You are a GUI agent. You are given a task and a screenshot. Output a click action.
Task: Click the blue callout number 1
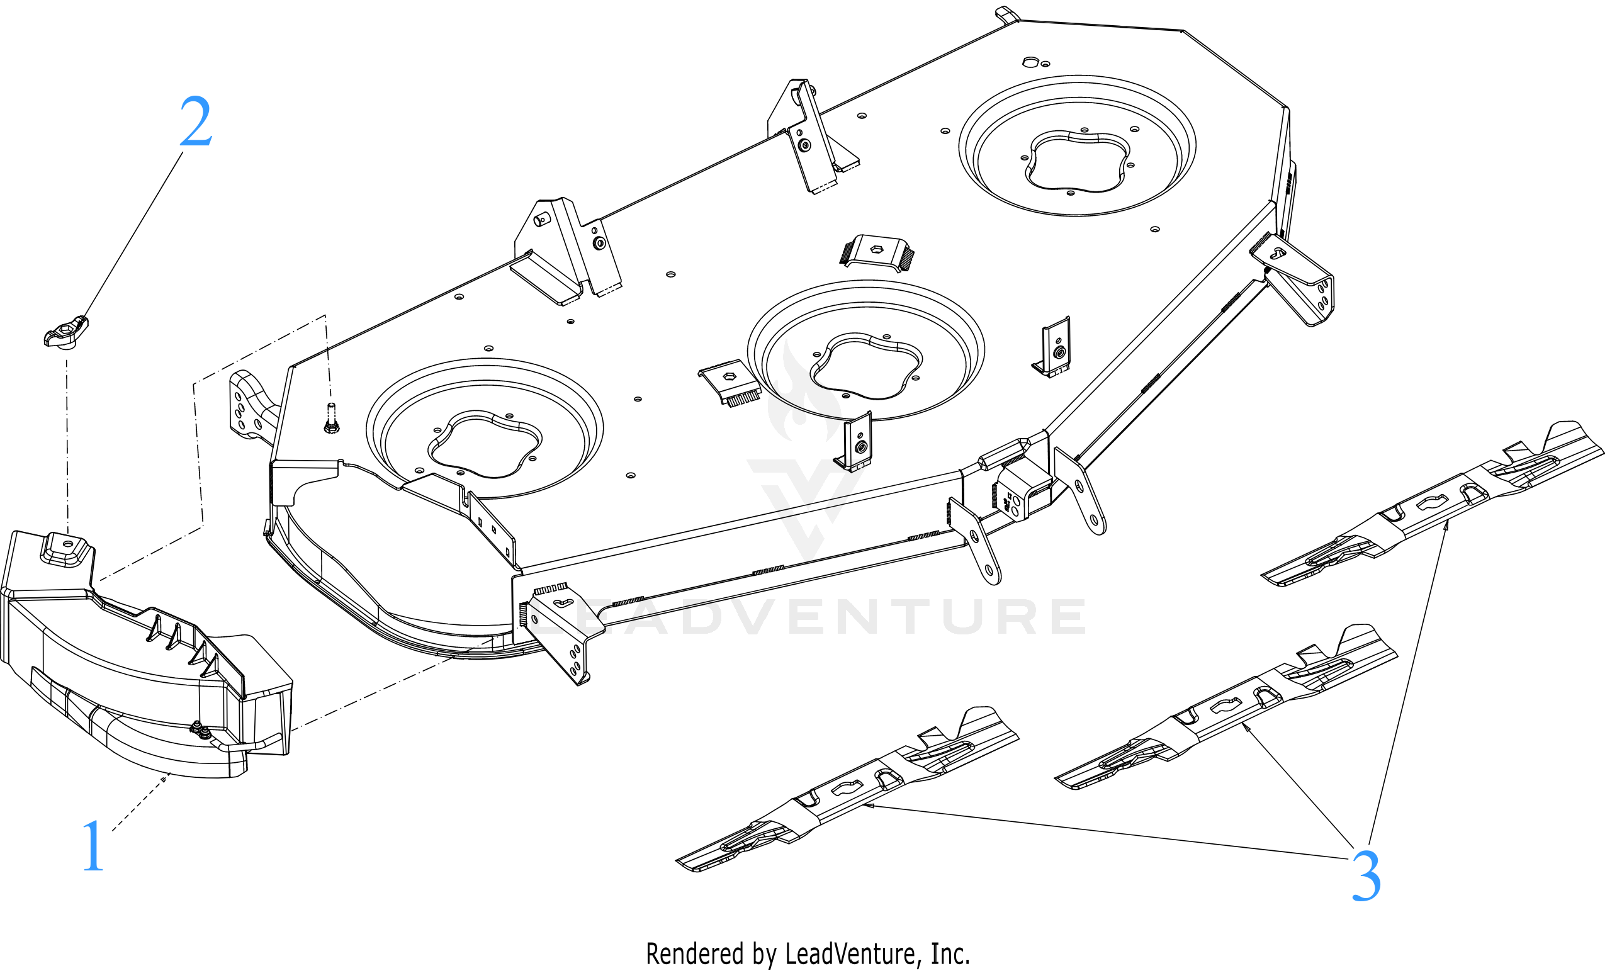93,846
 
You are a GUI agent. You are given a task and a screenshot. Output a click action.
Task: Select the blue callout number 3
1366,877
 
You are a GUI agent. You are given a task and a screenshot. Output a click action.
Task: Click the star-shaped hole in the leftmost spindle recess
485,445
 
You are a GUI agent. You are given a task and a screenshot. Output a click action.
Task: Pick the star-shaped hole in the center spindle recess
865,366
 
